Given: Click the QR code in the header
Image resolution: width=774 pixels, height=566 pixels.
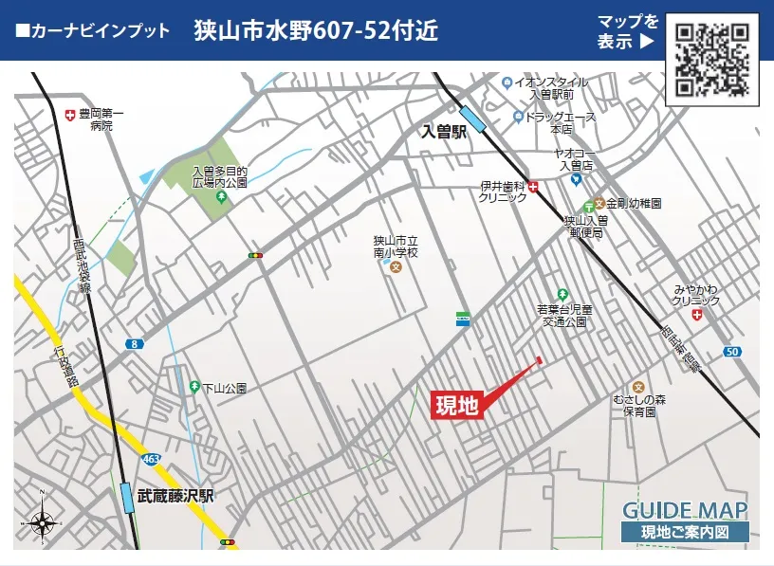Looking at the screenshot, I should click(x=711, y=58).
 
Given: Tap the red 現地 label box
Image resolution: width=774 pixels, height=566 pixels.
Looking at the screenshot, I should click(x=458, y=405).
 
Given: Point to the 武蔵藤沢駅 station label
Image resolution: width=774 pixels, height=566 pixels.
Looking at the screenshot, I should click(x=175, y=496).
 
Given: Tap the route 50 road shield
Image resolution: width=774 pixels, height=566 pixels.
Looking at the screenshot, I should click(x=730, y=352).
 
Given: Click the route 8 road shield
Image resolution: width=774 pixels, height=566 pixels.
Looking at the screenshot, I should click(x=137, y=344).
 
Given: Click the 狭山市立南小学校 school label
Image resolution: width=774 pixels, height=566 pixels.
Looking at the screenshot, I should click(x=396, y=248).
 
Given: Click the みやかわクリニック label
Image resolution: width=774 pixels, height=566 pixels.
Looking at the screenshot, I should click(x=696, y=295).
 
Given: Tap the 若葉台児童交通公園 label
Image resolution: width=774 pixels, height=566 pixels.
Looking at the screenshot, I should click(x=564, y=315).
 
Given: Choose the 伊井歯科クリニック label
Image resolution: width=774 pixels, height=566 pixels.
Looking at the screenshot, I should click(x=504, y=192).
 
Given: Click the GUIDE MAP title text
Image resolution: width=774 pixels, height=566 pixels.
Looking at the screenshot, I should click(x=684, y=509).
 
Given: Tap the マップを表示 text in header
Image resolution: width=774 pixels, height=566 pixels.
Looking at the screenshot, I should click(x=627, y=31).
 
